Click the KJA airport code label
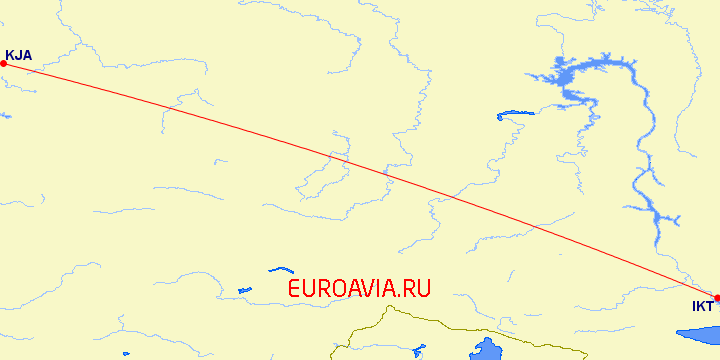tap(19, 56)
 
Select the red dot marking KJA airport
tap(3, 64)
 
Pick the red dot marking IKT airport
tap(717, 298)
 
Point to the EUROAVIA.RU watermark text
tap(359, 289)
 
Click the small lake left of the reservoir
tap(513, 114)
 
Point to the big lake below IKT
tap(700, 335)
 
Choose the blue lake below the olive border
tap(488, 349)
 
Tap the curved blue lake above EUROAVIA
tap(281, 269)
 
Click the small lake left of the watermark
tap(243, 291)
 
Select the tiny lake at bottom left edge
tap(126, 353)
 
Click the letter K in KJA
tap(10, 56)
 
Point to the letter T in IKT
tap(710, 306)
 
